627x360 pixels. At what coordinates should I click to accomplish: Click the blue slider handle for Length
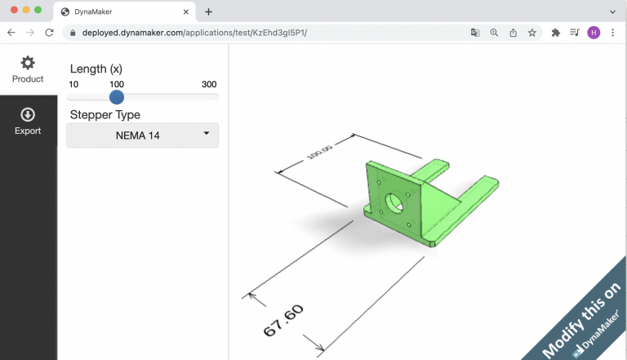click(x=117, y=96)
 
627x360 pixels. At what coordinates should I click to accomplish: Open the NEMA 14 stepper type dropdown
click(x=142, y=136)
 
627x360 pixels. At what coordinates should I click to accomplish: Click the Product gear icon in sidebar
click(x=28, y=63)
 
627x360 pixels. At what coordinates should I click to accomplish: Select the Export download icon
click(x=28, y=115)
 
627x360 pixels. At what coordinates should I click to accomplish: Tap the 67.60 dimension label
click(x=283, y=320)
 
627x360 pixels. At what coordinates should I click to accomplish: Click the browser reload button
click(x=49, y=33)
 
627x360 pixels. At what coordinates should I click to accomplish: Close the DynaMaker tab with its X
click(x=186, y=12)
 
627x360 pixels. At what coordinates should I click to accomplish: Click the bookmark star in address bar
click(x=532, y=33)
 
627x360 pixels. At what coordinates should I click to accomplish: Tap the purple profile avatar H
click(x=594, y=33)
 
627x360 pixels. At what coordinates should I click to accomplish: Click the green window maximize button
click(x=38, y=10)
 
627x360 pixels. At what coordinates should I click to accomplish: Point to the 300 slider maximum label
click(x=209, y=85)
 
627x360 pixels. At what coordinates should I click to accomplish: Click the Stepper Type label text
click(x=105, y=115)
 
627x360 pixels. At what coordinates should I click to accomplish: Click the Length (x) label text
click(x=96, y=69)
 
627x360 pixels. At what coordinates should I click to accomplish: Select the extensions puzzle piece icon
click(x=556, y=33)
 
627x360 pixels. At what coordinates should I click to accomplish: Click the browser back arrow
click(x=11, y=33)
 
